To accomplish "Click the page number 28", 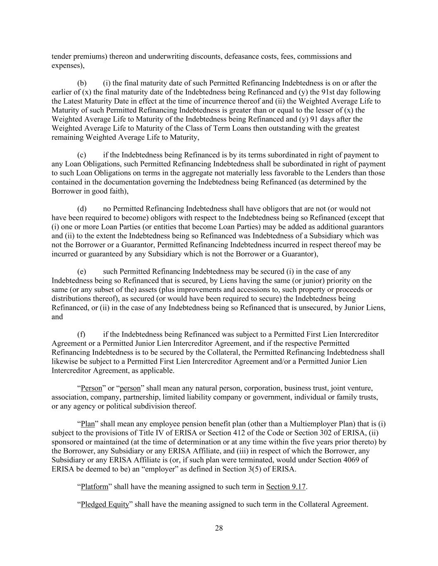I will tap(219, 528).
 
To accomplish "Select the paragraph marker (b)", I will tap(82, 83).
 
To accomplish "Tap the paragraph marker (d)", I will tap(82, 209).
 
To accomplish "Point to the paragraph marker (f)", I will tap(81, 334).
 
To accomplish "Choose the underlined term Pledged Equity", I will tap(105, 505).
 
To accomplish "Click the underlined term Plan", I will tap(88, 424).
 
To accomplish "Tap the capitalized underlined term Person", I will tap(91, 389).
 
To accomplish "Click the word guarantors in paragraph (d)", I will tap(368, 227).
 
